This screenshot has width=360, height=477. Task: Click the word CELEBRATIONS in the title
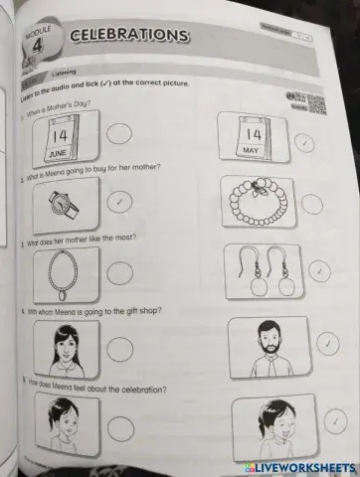130,37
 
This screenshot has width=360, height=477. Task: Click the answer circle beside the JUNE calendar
119,133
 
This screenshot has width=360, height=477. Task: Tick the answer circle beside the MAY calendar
304,142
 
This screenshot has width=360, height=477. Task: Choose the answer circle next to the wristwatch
119,202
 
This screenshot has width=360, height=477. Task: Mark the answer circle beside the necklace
120,272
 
